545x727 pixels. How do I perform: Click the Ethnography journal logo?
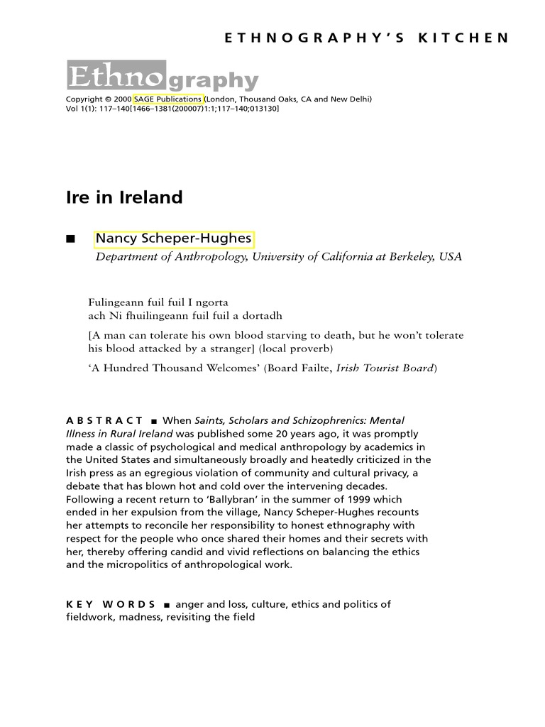[x=162, y=77]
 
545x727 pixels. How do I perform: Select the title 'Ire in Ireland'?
[x=124, y=197]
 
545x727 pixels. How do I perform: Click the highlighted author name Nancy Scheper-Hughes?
[x=174, y=239]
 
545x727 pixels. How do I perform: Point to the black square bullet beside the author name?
[x=70, y=239]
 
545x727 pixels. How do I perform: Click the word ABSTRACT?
[x=104, y=421]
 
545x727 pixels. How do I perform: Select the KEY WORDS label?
[x=111, y=604]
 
